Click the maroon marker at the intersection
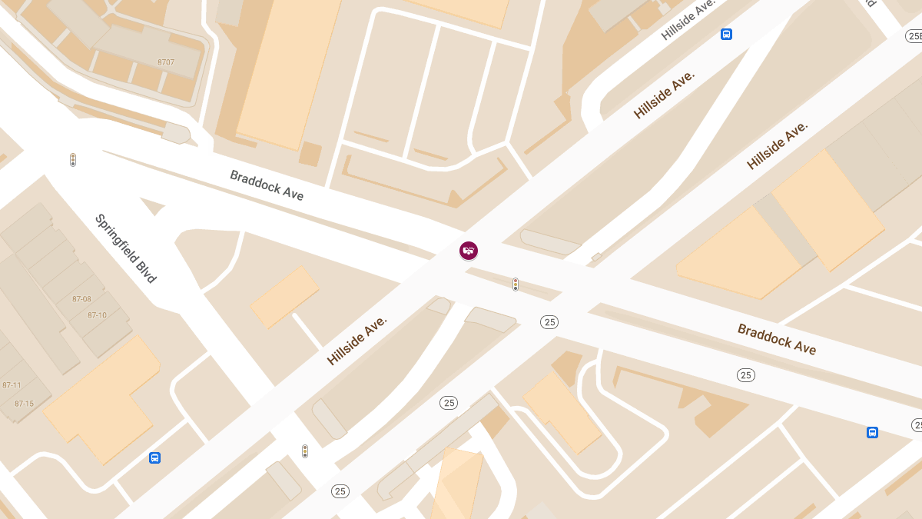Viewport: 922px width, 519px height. coord(469,250)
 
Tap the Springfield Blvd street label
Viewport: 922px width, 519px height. coord(125,248)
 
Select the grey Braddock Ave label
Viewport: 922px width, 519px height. coord(267,185)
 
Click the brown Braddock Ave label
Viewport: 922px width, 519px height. coord(777,339)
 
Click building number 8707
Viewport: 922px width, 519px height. coord(166,62)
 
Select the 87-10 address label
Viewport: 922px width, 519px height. coord(97,315)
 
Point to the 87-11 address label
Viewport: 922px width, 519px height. coord(12,385)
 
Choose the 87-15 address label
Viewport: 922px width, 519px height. coord(24,404)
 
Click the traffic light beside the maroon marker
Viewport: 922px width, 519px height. coord(516,284)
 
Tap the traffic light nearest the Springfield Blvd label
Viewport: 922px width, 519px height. coord(73,160)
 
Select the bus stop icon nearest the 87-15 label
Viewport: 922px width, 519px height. coord(155,458)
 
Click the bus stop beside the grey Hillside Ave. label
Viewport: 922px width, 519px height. coord(726,34)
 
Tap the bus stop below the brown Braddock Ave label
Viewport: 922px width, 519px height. coord(872,432)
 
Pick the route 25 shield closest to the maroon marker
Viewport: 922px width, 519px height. coord(549,322)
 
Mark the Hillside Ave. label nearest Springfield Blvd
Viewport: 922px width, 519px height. coord(357,340)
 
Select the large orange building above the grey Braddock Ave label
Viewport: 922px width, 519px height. coord(288,69)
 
